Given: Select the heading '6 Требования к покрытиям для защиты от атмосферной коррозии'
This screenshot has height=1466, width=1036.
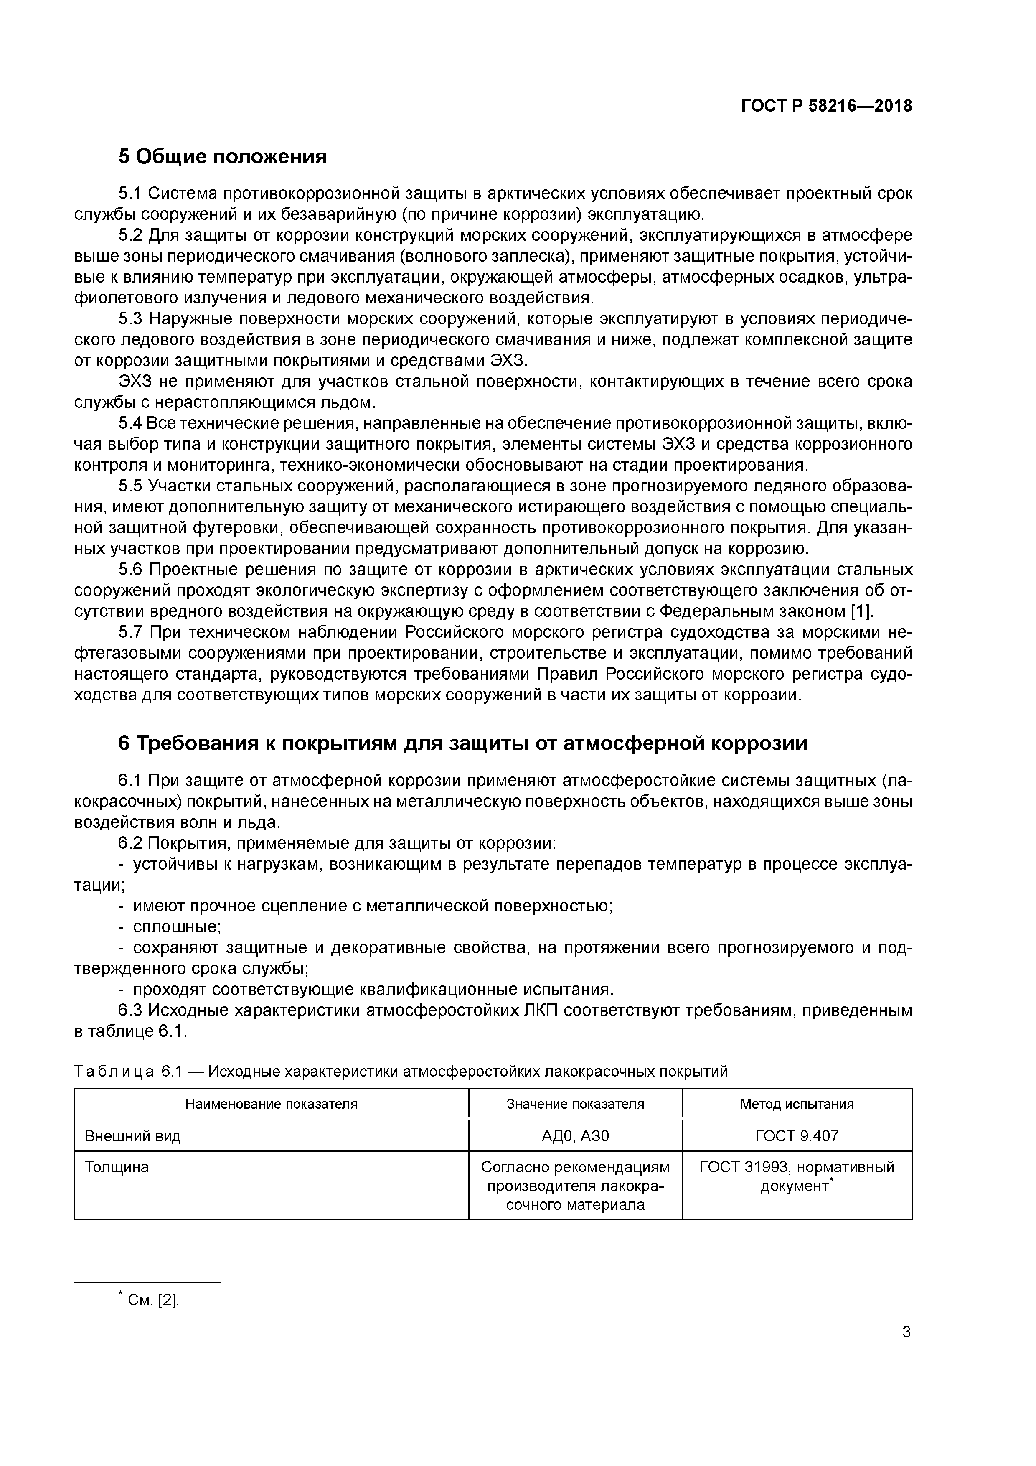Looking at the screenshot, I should click(463, 743).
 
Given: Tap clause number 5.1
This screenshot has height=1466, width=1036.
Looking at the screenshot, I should click(132, 193).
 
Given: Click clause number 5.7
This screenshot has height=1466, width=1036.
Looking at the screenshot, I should click(132, 632).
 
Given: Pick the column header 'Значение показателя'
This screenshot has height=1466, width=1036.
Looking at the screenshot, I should click(575, 1104).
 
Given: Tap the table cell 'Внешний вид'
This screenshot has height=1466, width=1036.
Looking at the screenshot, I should click(133, 1136).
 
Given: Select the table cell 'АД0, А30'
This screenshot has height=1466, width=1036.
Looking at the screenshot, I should click(575, 1136).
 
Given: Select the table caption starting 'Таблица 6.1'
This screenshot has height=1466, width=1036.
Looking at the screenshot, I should click(401, 1072).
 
